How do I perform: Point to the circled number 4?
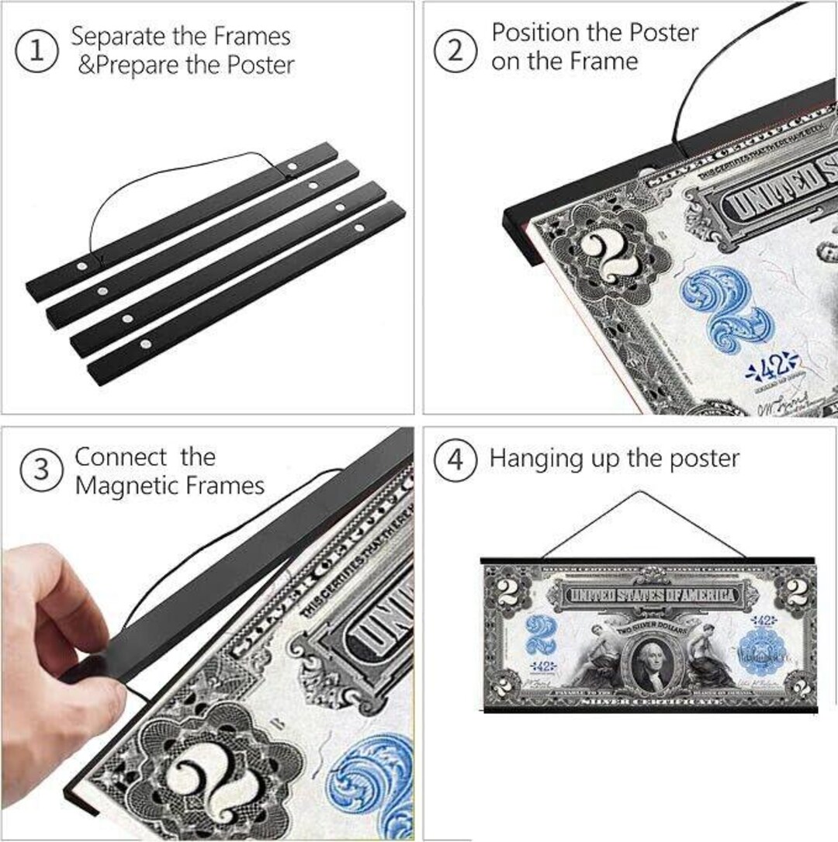[455, 459]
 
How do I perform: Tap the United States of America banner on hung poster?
[650, 595]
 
